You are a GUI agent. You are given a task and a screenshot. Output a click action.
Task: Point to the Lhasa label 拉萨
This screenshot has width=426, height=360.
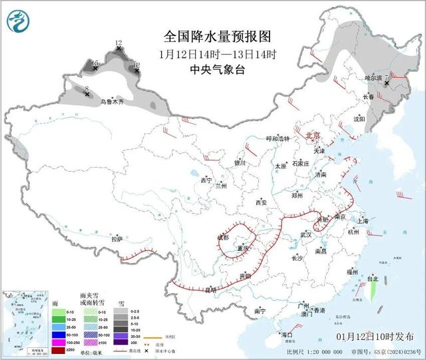(x=117, y=238)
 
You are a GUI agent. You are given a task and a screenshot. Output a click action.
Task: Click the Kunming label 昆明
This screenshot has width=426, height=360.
(x=211, y=289)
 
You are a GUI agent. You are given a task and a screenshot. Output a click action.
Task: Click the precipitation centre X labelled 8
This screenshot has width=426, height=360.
(x=87, y=94)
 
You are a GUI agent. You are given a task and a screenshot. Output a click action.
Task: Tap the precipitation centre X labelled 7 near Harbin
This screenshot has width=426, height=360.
(x=387, y=83)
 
